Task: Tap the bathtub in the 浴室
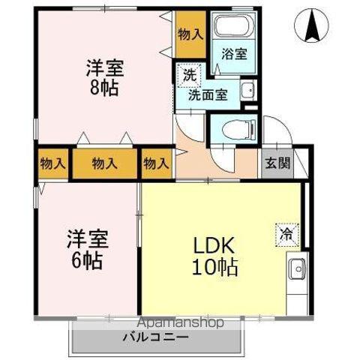click(234, 27)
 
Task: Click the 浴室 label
click(234, 54)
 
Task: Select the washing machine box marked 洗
click(190, 76)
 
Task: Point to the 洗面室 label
click(208, 94)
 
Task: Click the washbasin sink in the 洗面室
click(248, 90)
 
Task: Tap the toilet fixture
click(239, 130)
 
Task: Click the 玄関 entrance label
click(277, 163)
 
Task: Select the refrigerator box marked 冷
click(287, 235)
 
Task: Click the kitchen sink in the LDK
click(297, 269)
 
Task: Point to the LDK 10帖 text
click(214, 256)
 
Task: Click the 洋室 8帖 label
click(105, 78)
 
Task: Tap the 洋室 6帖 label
click(87, 250)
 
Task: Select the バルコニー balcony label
click(155, 337)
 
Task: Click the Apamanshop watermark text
click(181, 322)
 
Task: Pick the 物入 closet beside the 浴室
click(190, 34)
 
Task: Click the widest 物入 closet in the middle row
click(105, 163)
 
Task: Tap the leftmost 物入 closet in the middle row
click(53, 163)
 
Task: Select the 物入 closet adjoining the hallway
click(157, 163)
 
